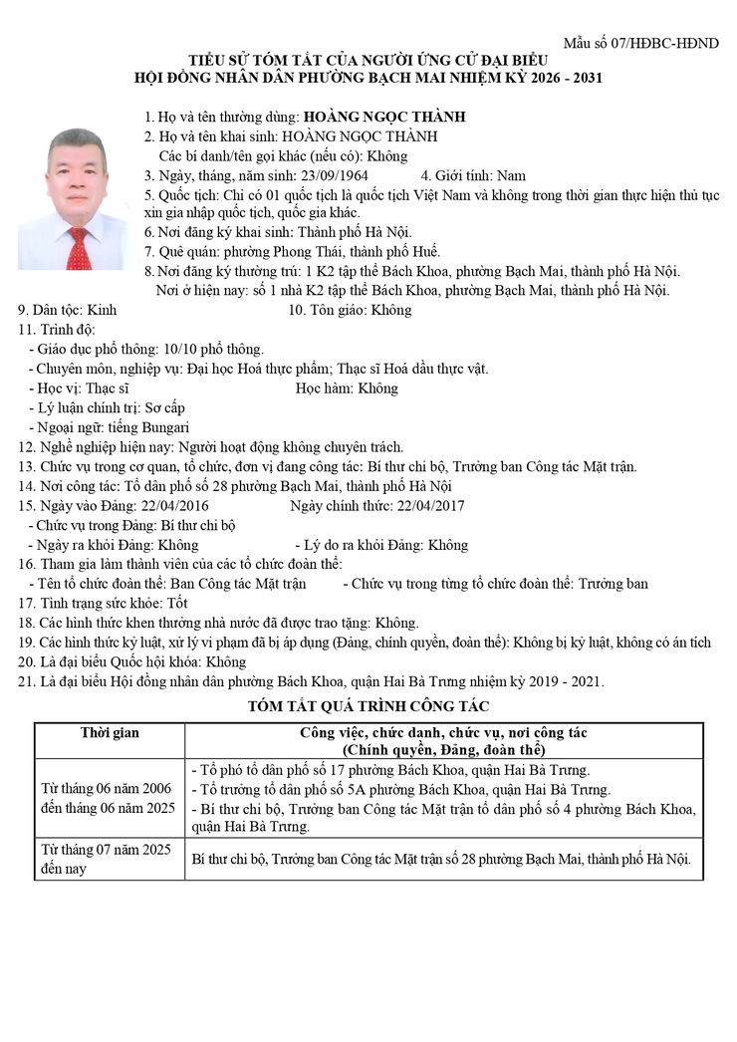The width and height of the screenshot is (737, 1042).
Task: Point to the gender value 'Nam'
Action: coord(511,175)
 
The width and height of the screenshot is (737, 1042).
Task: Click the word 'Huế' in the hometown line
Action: coord(425,252)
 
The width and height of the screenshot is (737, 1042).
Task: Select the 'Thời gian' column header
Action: coord(110,733)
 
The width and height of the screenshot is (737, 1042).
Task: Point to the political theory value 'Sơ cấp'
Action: coord(165,407)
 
